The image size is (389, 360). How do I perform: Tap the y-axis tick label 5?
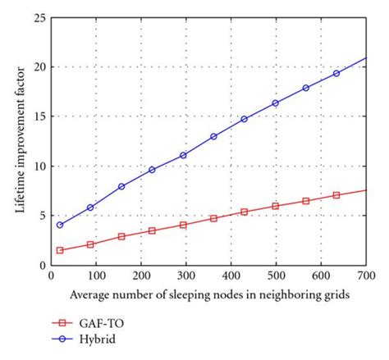click(x=41, y=216)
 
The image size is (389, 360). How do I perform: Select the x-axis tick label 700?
click(x=366, y=275)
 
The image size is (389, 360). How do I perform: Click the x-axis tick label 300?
click(x=185, y=275)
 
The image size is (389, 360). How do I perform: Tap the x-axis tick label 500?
click(x=276, y=275)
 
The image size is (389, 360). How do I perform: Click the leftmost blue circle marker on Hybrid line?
click(x=60, y=225)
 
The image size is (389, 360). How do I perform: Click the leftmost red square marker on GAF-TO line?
click(x=60, y=250)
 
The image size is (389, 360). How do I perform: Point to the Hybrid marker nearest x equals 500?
click(x=275, y=103)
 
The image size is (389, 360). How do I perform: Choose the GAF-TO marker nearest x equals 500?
click(x=275, y=206)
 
